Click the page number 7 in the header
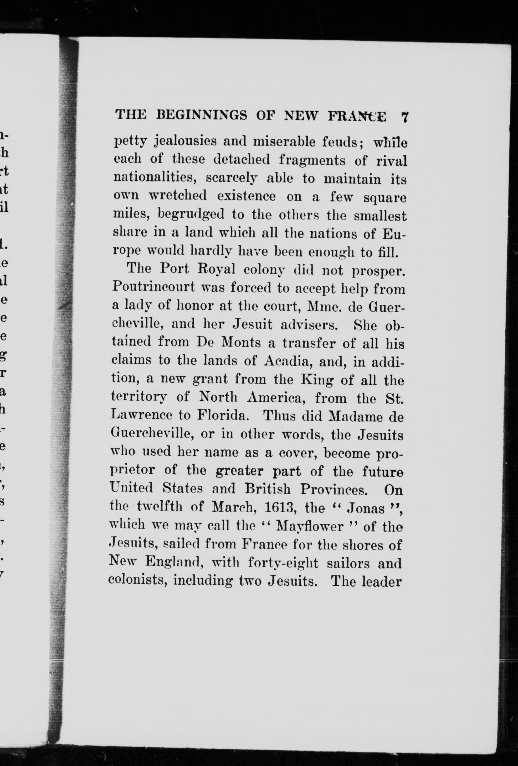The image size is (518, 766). click(x=405, y=117)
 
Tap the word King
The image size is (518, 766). click(x=317, y=380)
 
